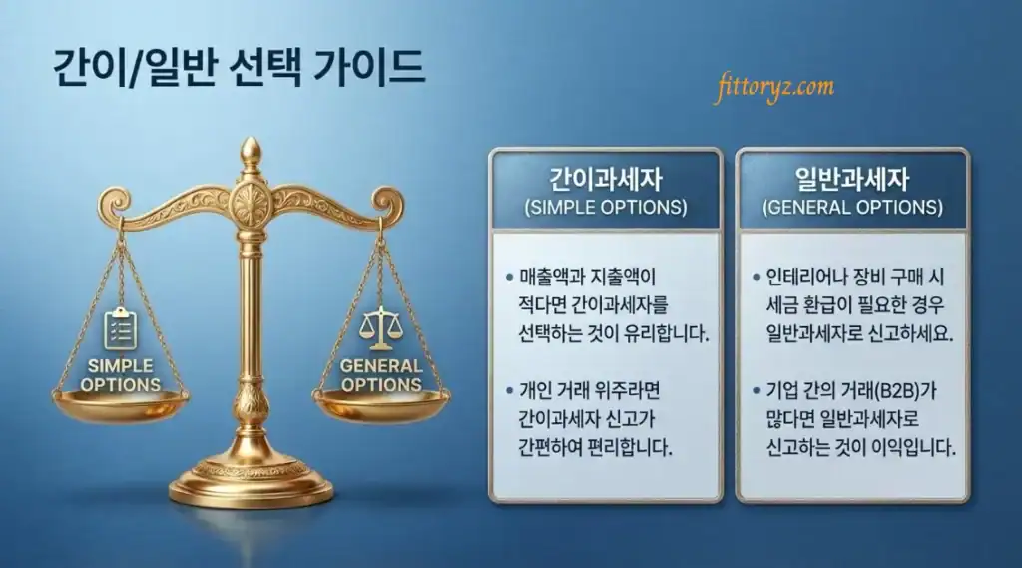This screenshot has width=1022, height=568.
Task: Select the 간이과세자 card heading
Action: click(x=605, y=180)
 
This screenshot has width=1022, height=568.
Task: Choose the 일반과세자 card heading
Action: click(x=851, y=180)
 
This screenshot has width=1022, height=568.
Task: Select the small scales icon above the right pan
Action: click(x=381, y=325)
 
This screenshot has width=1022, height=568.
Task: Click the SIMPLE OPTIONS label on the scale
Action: click(x=120, y=375)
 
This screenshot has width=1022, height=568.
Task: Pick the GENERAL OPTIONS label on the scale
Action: click(x=381, y=374)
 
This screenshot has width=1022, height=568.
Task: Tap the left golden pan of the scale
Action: click(x=120, y=404)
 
